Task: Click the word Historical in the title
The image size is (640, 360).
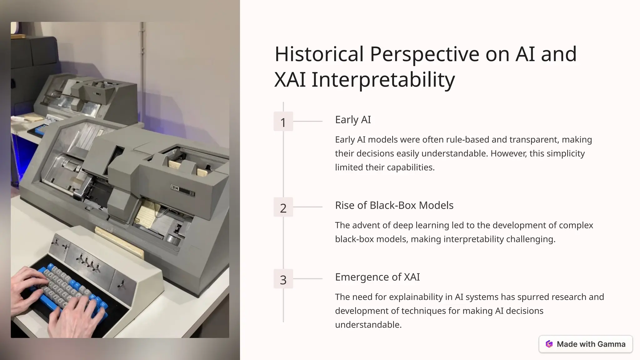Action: (319, 54)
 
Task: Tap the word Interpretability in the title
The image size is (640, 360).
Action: (383, 80)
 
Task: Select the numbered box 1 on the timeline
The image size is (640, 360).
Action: (283, 122)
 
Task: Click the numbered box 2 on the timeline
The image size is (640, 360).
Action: (283, 207)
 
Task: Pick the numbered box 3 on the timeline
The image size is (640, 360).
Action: (283, 279)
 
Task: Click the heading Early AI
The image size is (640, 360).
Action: (353, 120)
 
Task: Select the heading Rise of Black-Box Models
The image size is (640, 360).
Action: (394, 205)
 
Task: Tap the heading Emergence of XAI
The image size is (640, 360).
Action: (377, 277)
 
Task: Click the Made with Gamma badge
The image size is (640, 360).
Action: (586, 344)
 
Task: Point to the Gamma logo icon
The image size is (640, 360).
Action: (549, 344)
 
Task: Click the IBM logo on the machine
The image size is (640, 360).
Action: (175, 188)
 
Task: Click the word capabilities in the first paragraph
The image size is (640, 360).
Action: (410, 167)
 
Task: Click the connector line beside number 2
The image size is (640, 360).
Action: (307, 207)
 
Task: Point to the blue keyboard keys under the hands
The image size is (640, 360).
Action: (75, 284)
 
